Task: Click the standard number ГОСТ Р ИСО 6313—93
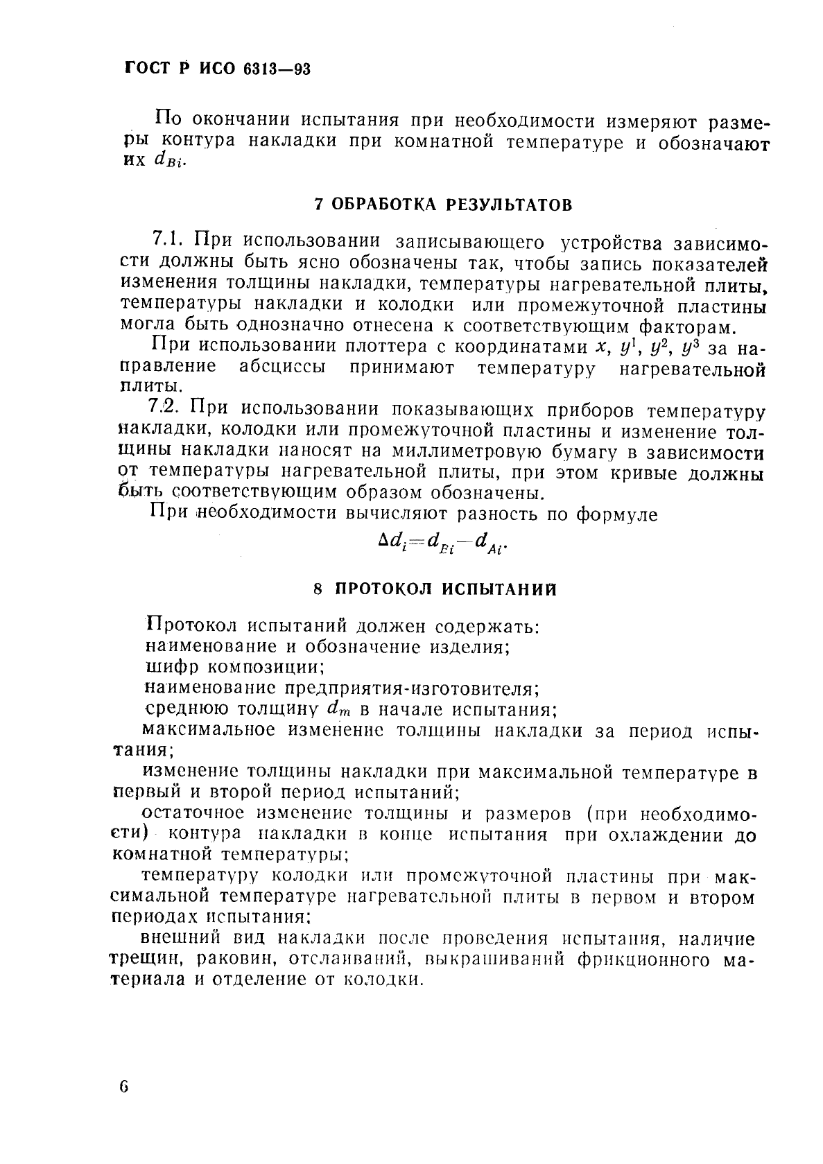(x=218, y=69)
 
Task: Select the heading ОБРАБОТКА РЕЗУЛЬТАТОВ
(x=452, y=205)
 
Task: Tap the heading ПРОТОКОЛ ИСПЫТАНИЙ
(x=446, y=589)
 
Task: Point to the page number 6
(x=124, y=1086)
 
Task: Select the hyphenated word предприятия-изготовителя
(x=412, y=689)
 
